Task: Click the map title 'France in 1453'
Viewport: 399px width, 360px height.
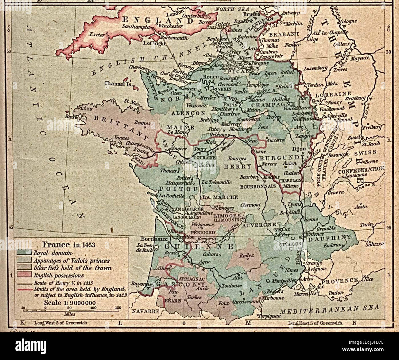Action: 68,245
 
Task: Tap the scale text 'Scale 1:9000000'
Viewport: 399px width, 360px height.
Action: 70,303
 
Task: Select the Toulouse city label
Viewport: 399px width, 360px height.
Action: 226,285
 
